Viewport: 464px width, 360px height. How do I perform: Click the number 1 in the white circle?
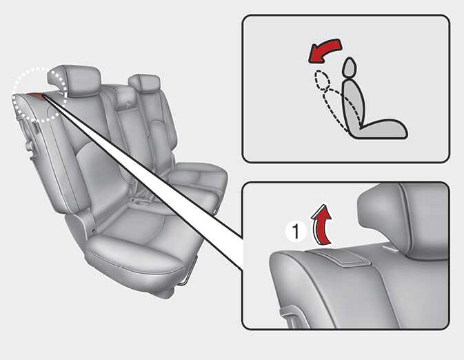coord(296,231)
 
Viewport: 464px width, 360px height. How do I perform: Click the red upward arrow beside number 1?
coord(321,225)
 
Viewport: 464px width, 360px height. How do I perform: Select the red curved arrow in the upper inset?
coord(324,50)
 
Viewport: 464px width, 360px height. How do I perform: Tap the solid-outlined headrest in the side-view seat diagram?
coord(350,67)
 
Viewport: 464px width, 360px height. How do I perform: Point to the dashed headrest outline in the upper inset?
coord(323,79)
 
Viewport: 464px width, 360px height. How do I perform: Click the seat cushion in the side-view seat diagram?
coord(382,130)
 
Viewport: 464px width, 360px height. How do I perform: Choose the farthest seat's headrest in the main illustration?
coord(145,83)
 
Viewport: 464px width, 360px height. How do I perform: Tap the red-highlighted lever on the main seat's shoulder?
coord(36,94)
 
